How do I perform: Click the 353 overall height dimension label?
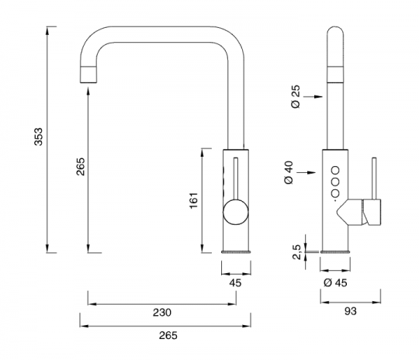tap(39, 137)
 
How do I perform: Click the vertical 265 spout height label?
tap(81, 167)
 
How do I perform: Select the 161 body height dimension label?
tap(194, 200)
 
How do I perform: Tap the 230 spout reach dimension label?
tap(162, 312)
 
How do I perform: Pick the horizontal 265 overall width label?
tap(168, 335)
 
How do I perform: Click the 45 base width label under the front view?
tap(235, 282)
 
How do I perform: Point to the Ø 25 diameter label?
tap(296, 96)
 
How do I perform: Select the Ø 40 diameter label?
tap(289, 172)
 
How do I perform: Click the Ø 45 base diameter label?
tap(335, 282)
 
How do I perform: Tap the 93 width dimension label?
tap(351, 311)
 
